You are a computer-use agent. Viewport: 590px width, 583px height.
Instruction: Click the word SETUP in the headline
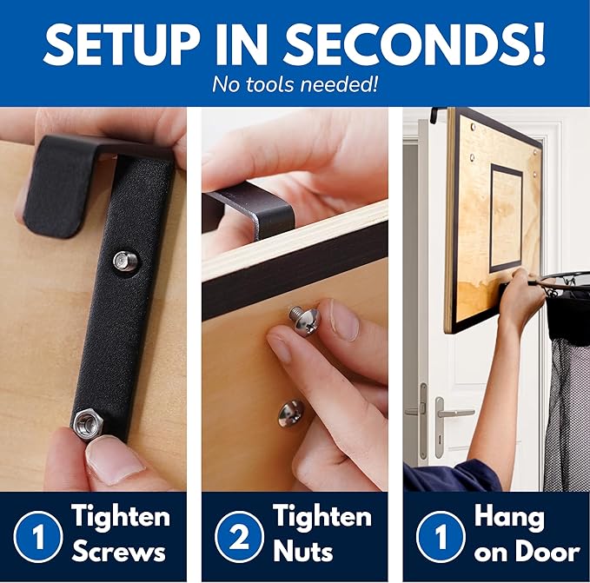click(x=122, y=45)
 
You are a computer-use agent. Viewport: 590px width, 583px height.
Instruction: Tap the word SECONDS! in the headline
click(x=414, y=45)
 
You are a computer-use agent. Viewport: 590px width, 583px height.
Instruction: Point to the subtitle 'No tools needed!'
click(x=295, y=84)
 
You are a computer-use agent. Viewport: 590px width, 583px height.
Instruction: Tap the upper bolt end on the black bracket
click(x=124, y=260)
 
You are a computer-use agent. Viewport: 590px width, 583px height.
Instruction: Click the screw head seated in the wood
click(x=290, y=414)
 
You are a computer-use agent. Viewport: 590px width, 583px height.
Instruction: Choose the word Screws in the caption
click(x=119, y=552)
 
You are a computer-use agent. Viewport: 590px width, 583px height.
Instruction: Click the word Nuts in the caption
click(x=303, y=552)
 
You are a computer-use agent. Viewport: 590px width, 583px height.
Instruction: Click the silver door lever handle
click(x=452, y=414)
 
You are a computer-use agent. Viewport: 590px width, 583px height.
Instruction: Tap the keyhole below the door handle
click(x=440, y=439)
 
